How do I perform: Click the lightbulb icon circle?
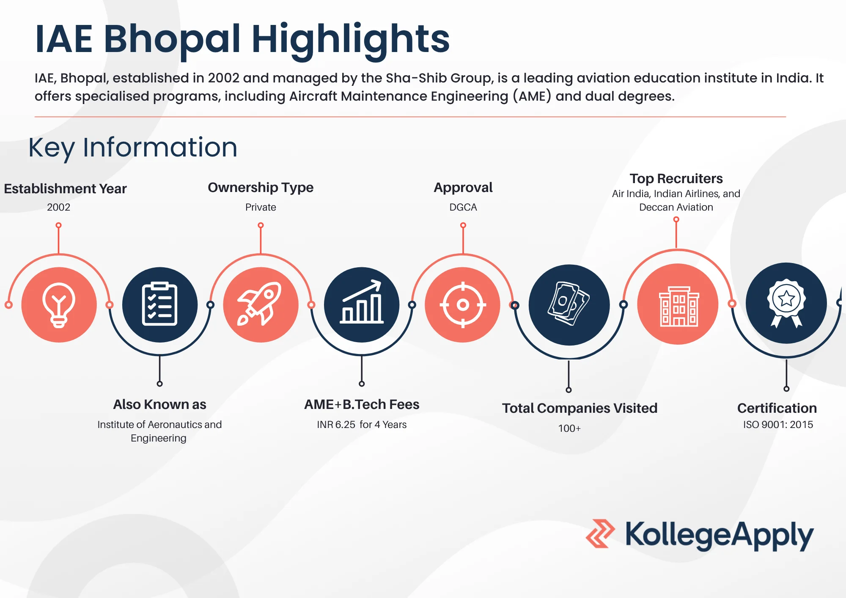coord(59,304)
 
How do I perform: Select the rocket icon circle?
coord(261,304)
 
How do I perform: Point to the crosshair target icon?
coord(463,304)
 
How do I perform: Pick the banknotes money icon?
coord(569,304)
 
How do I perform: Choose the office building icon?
coord(678,306)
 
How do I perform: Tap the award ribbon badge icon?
coord(786,303)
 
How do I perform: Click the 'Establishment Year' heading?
coord(65,189)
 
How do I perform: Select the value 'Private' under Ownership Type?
coord(261,207)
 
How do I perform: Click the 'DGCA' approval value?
coord(463,207)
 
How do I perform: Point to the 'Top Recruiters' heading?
coord(676,179)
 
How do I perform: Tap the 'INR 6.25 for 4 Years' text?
coord(362,425)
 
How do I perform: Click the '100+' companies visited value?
coord(569,428)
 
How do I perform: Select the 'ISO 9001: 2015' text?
coord(778,425)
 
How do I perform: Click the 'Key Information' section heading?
coord(133,148)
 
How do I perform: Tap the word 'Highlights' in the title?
coord(351,41)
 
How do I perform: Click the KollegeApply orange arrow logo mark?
coord(600,534)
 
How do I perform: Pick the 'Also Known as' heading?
coord(159,404)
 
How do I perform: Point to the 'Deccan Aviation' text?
coord(676,207)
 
